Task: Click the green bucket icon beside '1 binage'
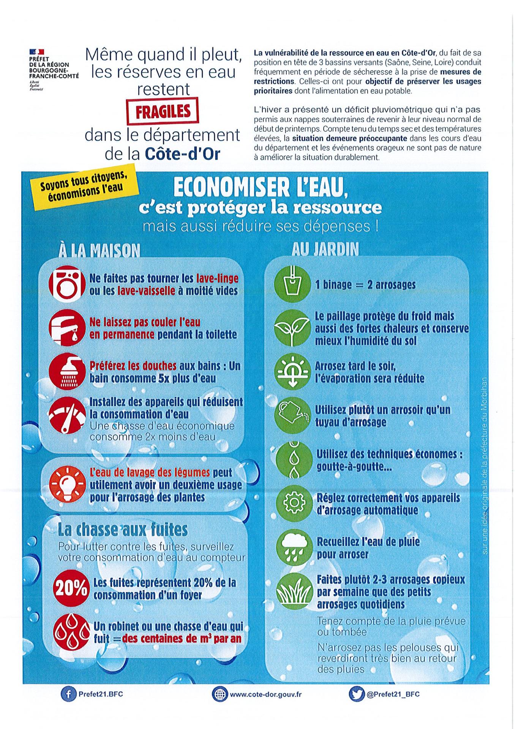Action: click(292, 284)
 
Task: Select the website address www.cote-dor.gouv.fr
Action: click(265, 694)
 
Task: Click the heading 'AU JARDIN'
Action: click(325, 249)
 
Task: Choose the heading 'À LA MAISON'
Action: click(99, 250)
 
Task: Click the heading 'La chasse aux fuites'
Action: click(122, 529)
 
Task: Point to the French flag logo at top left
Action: click(36, 52)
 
